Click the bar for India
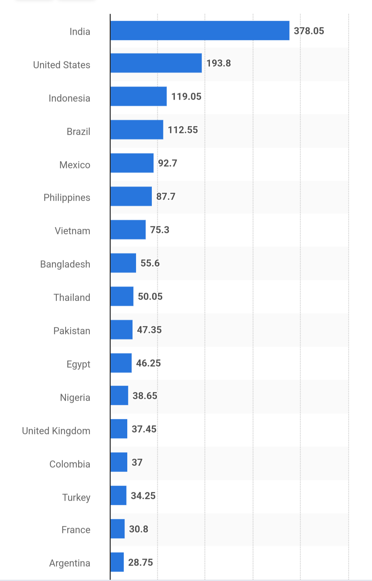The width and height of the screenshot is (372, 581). point(200,31)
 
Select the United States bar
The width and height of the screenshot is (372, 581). point(156,63)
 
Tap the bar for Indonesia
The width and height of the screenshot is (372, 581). point(138,96)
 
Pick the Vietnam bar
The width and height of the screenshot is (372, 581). point(128,230)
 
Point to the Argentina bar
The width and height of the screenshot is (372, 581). point(117,562)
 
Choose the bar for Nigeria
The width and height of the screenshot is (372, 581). point(119,396)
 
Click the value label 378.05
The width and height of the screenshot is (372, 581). point(309,31)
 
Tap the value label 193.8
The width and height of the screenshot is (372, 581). point(218,63)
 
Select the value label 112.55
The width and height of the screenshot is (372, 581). point(183,130)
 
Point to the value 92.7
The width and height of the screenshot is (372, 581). point(168,163)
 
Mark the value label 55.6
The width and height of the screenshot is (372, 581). point(150,263)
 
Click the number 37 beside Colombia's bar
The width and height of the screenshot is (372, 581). point(137,462)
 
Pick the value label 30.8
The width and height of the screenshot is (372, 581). point(138,529)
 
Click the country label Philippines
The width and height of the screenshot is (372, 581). point(67,198)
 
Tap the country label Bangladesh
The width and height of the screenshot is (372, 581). point(65,264)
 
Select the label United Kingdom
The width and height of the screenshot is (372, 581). point(56,431)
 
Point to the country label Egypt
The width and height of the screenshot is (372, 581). point(79,364)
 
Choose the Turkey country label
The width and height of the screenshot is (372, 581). point(76,497)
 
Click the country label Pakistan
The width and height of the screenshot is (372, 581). point(72,331)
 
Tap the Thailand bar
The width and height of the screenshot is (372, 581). point(122,296)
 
